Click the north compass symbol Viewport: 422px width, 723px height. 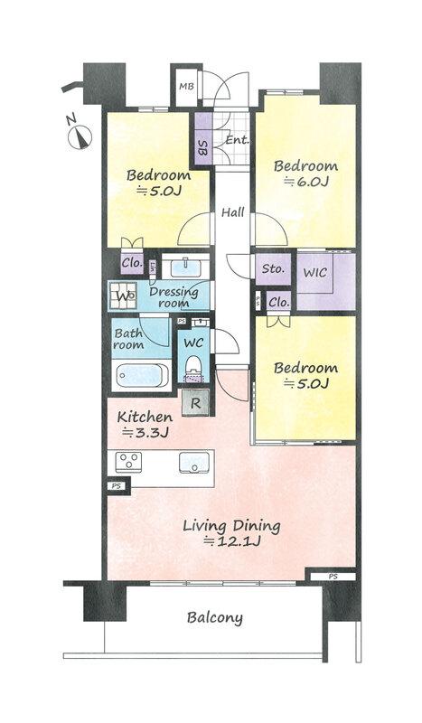click(x=80, y=134)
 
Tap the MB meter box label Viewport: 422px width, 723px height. click(x=186, y=87)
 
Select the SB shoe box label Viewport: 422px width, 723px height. click(x=202, y=147)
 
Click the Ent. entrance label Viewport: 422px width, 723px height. click(x=237, y=140)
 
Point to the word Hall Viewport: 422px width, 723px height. click(x=233, y=212)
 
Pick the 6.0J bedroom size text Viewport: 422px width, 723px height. click(x=305, y=182)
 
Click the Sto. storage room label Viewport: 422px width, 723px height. click(x=273, y=268)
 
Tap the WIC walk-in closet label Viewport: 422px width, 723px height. click(x=315, y=272)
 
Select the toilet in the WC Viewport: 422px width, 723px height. click(x=193, y=369)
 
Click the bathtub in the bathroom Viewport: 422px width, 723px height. click(x=142, y=376)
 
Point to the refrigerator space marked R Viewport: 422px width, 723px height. click(x=195, y=403)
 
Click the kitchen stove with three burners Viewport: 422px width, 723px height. click(x=128, y=462)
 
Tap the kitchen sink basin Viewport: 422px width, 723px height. click(x=194, y=462)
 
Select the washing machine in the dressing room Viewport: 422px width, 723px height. click(x=123, y=296)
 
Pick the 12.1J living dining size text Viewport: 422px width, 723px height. click(x=232, y=540)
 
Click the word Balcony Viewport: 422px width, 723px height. click(x=215, y=618)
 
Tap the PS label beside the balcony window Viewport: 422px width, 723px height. click(x=333, y=577)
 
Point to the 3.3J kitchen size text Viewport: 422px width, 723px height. click(x=145, y=433)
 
